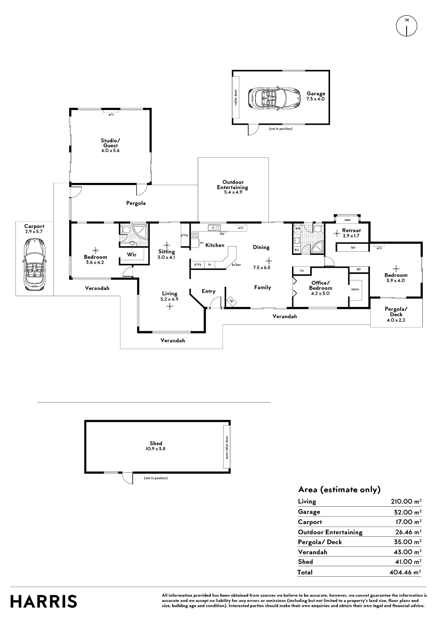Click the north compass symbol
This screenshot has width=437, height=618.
407,26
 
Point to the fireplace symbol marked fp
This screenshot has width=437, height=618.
231,301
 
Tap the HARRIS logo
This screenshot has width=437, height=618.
44,602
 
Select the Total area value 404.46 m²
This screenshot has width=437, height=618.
405,572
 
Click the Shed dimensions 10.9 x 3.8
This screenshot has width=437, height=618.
155,449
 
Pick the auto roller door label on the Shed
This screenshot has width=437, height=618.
227,447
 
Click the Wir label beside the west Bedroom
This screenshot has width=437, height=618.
132,255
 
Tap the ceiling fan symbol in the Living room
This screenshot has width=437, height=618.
169,307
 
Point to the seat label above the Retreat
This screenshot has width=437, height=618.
347,220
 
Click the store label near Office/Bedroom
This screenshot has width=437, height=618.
355,289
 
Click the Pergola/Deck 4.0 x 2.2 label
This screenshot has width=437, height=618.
396,314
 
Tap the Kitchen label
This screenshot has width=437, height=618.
215,245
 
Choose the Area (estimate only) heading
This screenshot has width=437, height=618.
339,490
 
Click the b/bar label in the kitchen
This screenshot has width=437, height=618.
236,265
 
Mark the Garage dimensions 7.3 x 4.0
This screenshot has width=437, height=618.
316,99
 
